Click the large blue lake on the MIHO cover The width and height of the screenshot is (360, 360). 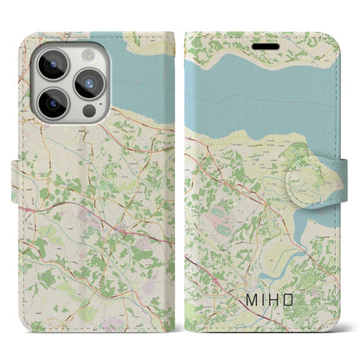coord(260,95)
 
